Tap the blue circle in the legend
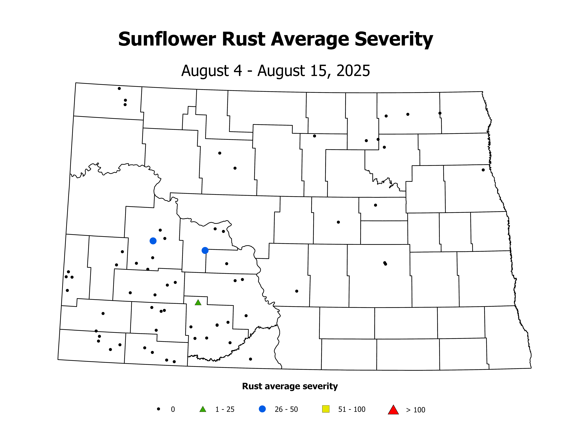(262, 409)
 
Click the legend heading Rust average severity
(290, 386)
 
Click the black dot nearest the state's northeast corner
(440, 113)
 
